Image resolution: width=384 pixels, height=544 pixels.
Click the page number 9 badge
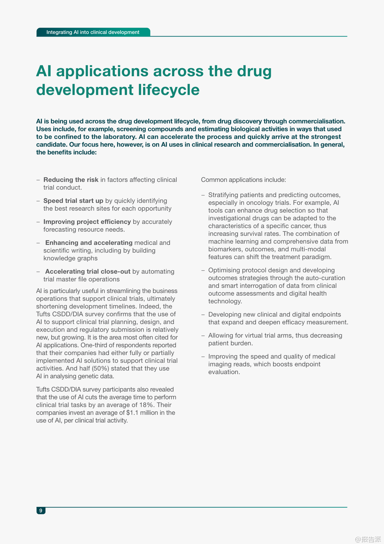(x=41, y=511)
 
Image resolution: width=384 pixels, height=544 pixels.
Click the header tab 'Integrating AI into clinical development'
(x=93, y=32)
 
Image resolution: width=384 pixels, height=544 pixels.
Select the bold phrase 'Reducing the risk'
(x=71, y=180)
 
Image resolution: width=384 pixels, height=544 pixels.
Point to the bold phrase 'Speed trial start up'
(x=73, y=201)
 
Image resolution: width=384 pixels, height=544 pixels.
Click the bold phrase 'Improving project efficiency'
(x=87, y=222)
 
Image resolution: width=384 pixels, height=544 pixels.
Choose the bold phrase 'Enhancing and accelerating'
(x=89, y=243)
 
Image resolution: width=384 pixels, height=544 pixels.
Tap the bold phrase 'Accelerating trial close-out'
(x=88, y=272)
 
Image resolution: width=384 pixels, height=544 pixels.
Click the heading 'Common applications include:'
(x=244, y=180)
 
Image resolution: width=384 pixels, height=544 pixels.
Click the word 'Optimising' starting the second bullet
(x=224, y=270)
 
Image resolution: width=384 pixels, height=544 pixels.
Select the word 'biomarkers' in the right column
(x=224, y=249)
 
